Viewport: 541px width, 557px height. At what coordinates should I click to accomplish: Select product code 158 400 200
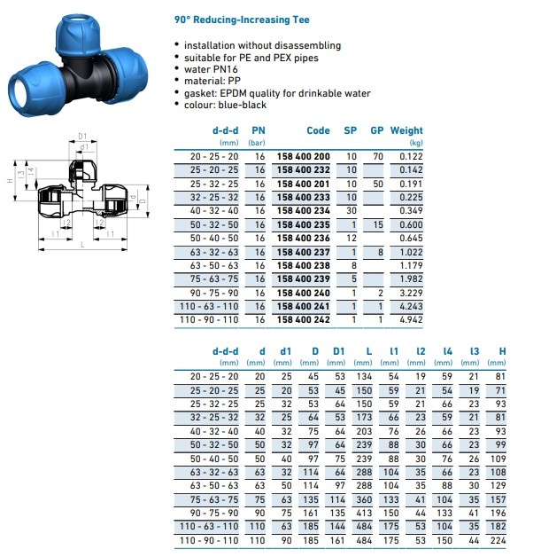pyautogui.click(x=303, y=156)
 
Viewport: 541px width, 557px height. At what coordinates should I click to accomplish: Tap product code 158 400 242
pyautogui.click(x=303, y=319)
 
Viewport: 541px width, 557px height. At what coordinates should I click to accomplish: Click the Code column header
pyautogui.click(x=318, y=130)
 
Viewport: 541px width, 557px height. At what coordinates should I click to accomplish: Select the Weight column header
pyautogui.click(x=406, y=130)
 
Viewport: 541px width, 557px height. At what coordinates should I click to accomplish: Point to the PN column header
pyautogui.click(x=259, y=130)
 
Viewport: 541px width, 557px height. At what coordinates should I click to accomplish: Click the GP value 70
pyautogui.click(x=378, y=156)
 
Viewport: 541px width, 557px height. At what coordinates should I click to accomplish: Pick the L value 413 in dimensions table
pyautogui.click(x=363, y=513)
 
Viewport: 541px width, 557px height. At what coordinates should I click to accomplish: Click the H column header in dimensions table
pyautogui.click(x=502, y=351)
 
